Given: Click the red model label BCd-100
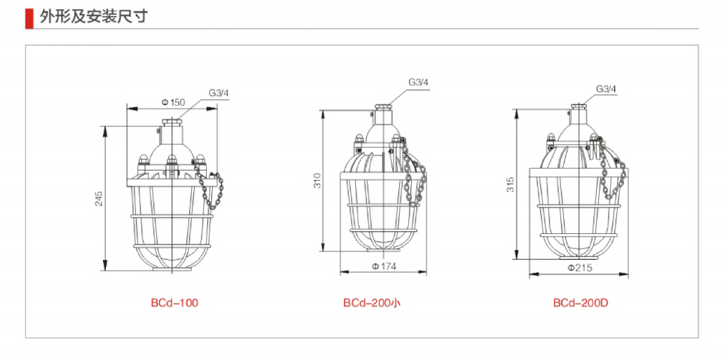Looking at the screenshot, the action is coord(174,303).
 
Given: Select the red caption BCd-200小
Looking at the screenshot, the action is coord(372,303).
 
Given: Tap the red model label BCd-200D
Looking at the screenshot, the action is coord(580,303).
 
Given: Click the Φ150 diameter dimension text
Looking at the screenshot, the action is coord(172,102).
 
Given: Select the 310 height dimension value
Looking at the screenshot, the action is coord(317,181).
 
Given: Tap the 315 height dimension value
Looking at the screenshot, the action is coord(511,184).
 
